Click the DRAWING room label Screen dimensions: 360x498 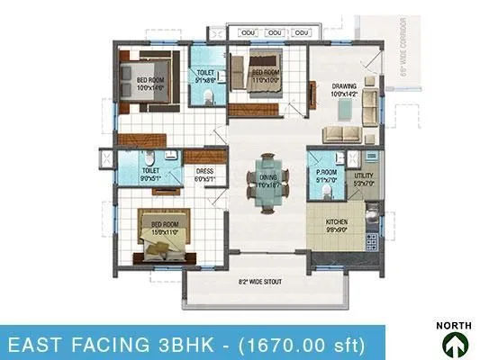tap(343, 87)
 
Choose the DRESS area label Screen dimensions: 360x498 tap(205, 175)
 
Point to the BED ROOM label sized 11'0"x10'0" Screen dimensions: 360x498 tap(264, 75)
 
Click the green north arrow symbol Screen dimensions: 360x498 tap(455, 343)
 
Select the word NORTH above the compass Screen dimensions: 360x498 tap(455, 325)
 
